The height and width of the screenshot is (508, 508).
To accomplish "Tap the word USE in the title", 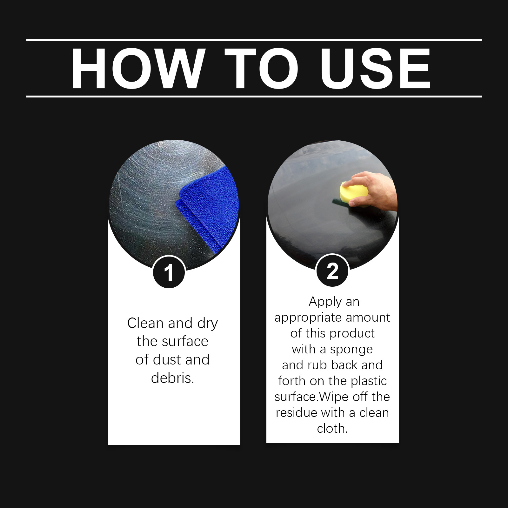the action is (x=376, y=69).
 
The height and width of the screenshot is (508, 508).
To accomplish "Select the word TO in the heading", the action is (x=262, y=69).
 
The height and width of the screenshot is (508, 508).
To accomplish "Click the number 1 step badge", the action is (x=169, y=272).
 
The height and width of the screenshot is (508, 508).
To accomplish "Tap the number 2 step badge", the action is (x=332, y=271).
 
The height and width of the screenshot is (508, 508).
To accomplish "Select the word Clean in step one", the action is (x=146, y=323).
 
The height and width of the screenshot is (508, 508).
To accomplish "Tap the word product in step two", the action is (x=352, y=334).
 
